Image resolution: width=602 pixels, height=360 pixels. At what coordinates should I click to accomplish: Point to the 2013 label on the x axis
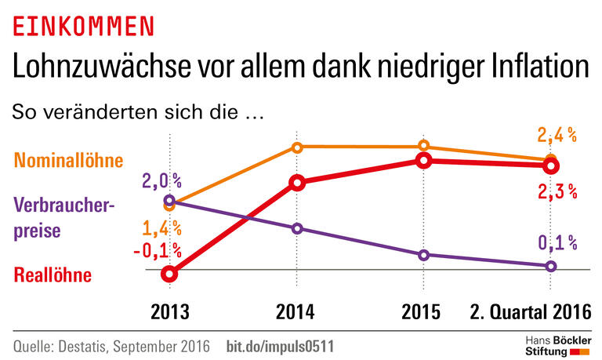tap(170, 312)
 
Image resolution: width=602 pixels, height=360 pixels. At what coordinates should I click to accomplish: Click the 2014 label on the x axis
tap(296, 312)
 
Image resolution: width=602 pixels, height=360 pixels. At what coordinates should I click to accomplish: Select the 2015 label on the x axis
tap(422, 312)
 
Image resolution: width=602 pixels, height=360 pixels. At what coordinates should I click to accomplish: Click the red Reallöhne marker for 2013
tap(170, 274)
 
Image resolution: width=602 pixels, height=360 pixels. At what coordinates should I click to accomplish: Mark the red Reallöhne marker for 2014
tap(297, 184)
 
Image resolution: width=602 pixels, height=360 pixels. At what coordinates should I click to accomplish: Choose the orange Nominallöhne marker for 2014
tap(297, 147)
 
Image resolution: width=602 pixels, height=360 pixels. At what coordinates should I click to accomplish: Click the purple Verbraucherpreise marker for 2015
tap(424, 255)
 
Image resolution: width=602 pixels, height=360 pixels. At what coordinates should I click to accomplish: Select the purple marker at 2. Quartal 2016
tap(550, 266)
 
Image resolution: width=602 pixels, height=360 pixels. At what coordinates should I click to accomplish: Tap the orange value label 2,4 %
tap(557, 135)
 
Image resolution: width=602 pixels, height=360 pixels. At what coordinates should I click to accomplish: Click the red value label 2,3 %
tap(557, 191)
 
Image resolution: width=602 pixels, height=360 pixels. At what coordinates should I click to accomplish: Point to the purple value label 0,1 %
tap(557, 243)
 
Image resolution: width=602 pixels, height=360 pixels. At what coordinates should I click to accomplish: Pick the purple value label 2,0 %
tap(161, 182)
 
